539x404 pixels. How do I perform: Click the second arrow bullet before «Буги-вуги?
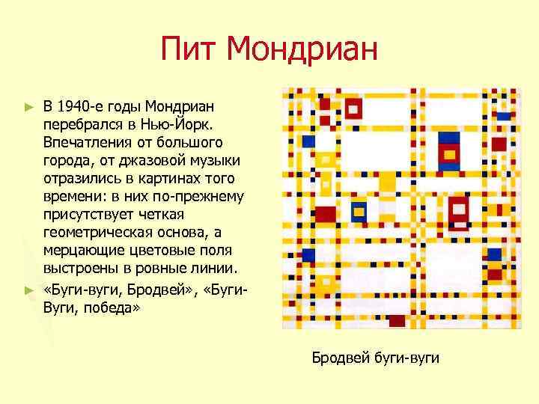29,290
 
